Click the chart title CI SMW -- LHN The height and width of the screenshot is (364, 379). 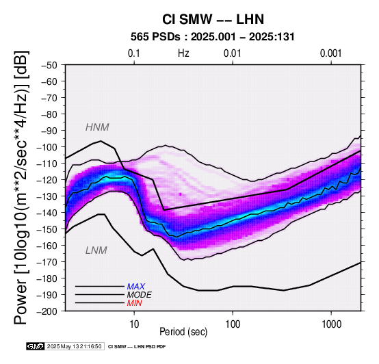point(213,19)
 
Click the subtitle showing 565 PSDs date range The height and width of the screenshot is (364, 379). point(213,37)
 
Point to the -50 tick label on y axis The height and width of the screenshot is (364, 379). point(49,65)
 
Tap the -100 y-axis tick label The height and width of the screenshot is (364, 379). point(47,147)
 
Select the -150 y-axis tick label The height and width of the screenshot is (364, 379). point(47,229)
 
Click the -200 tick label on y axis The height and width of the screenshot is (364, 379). point(47,311)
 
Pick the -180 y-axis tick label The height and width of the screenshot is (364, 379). point(47,278)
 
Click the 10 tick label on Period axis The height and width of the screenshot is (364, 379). point(134,324)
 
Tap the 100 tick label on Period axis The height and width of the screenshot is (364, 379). point(233,324)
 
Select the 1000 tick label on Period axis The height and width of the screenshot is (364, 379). point(331,324)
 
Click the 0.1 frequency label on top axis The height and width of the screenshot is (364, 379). point(134,53)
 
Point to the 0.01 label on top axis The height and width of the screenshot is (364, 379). point(233,53)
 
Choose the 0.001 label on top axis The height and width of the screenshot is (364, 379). point(330,53)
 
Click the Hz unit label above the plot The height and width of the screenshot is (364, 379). point(183,53)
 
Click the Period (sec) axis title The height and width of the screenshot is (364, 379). point(183,332)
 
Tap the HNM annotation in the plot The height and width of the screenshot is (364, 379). point(97,127)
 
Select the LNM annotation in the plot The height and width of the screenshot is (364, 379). point(96,250)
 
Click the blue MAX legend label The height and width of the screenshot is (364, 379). point(136,287)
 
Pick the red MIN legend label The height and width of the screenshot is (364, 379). point(134,303)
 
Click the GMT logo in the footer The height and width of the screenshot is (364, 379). point(36,346)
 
